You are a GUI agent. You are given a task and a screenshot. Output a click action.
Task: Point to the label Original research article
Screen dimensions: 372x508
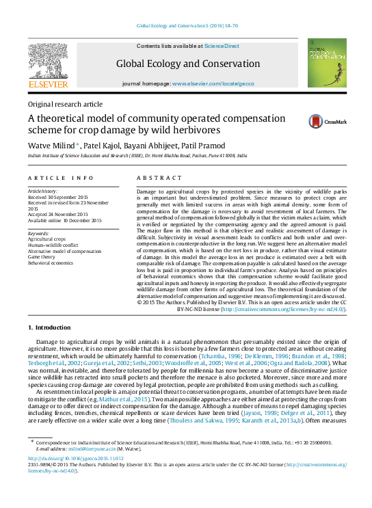pos(64,104)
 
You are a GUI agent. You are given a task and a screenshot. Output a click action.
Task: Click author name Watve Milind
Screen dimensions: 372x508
pos(51,145)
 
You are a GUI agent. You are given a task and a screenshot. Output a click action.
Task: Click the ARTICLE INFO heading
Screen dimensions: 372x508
pos(61,178)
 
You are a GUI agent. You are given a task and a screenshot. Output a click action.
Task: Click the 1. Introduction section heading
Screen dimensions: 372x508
pos(53,327)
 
